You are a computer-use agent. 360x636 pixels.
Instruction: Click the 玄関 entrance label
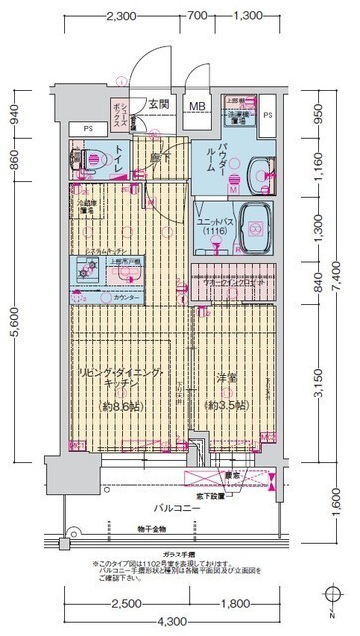(159, 103)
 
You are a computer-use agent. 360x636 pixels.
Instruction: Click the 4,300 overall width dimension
(180, 622)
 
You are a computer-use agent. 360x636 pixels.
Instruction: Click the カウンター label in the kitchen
(126, 296)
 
